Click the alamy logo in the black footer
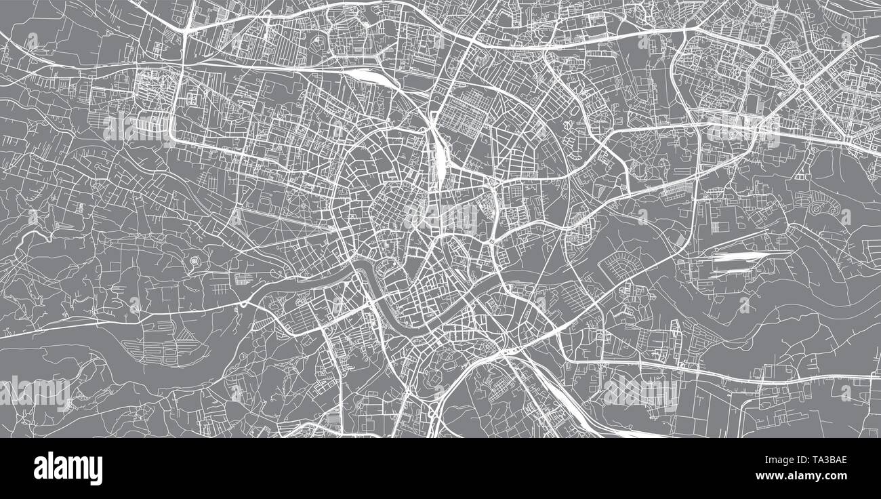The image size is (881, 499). (x=68, y=468)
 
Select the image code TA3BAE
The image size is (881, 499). (x=822, y=460)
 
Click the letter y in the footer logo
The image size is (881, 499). (x=97, y=471)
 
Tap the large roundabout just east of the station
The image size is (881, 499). (x=495, y=183)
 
